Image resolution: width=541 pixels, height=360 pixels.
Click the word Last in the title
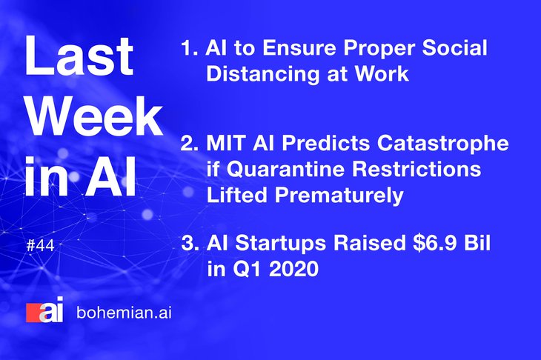tap(79, 56)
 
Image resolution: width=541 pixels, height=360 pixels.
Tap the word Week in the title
tap(95, 116)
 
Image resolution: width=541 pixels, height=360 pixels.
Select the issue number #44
tap(40, 246)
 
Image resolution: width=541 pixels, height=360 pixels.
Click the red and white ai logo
tap(45, 310)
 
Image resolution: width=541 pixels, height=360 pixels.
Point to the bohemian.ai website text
tap(124, 313)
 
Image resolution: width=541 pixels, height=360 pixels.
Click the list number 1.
tap(189, 48)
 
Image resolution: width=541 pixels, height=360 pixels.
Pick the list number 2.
tap(190, 143)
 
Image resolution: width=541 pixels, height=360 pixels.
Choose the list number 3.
tap(190, 243)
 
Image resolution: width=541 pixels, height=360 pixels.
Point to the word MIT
tap(225, 143)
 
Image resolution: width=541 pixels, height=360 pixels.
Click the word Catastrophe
tap(442, 143)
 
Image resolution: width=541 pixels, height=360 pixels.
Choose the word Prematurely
tap(339, 196)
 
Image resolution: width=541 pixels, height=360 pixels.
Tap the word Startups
tap(281, 244)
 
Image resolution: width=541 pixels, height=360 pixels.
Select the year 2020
tap(293, 269)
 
